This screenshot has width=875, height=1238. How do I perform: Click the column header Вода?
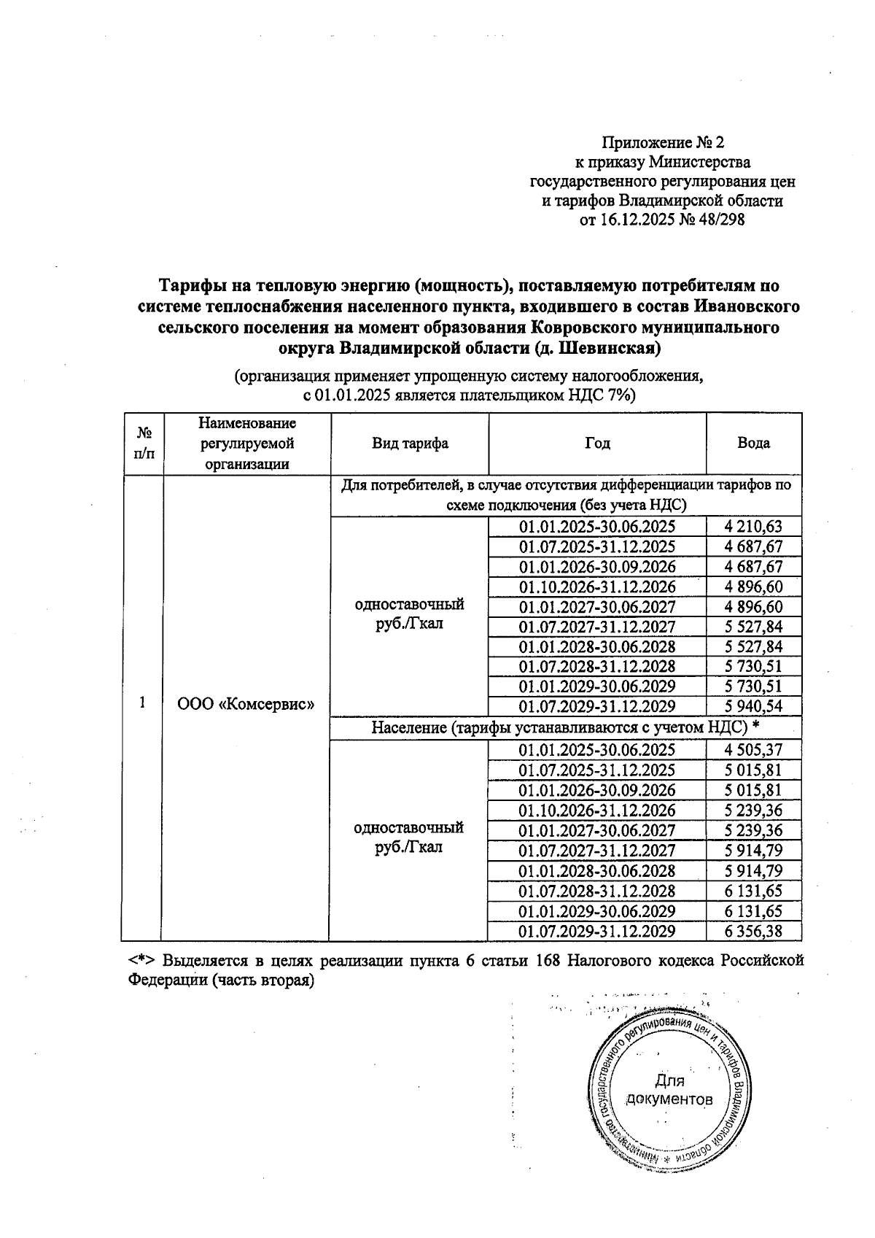tap(753, 443)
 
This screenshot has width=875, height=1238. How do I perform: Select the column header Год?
tap(596, 443)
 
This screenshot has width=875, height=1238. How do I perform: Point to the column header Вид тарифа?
tap(410, 443)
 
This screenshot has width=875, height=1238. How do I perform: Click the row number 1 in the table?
tap(143, 702)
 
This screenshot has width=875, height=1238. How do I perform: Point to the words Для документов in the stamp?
tap(669, 1090)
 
